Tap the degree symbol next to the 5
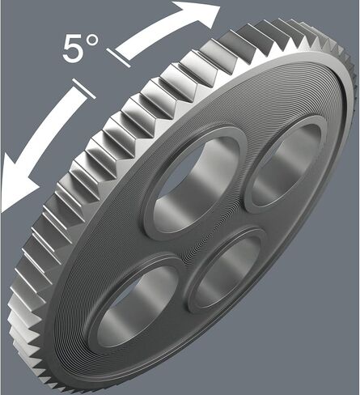click(x=92, y=40)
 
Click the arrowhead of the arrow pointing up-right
click(x=197, y=14)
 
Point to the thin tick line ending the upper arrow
click(x=118, y=57)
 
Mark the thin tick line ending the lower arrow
click(x=84, y=89)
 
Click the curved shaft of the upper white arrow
click(x=151, y=38)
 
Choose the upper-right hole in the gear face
click(x=286, y=164)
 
